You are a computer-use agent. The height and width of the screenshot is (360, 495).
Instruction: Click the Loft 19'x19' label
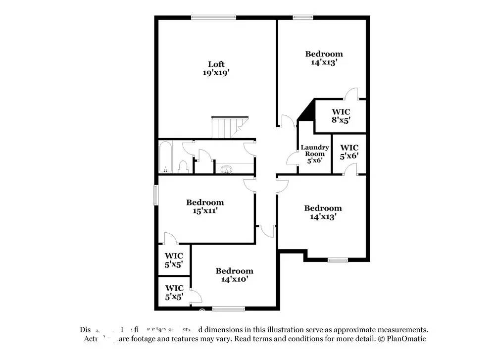(216, 68)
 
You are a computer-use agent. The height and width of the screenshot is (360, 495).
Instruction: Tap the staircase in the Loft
(226, 128)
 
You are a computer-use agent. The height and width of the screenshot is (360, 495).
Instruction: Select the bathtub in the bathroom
(165, 157)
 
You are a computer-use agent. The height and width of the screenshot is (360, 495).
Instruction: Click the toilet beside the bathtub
(183, 166)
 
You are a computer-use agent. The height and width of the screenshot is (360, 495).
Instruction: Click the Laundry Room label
(315, 154)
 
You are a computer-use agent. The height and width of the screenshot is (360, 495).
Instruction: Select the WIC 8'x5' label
(341, 116)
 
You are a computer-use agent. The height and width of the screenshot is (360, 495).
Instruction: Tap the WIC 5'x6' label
(349, 152)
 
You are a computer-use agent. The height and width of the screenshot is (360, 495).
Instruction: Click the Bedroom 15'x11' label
(204, 206)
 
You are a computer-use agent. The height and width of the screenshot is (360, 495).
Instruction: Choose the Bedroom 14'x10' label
(234, 275)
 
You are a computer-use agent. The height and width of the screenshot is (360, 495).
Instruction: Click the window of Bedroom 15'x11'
(155, 195)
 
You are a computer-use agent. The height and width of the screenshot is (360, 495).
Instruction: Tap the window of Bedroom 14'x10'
(228, 309)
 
